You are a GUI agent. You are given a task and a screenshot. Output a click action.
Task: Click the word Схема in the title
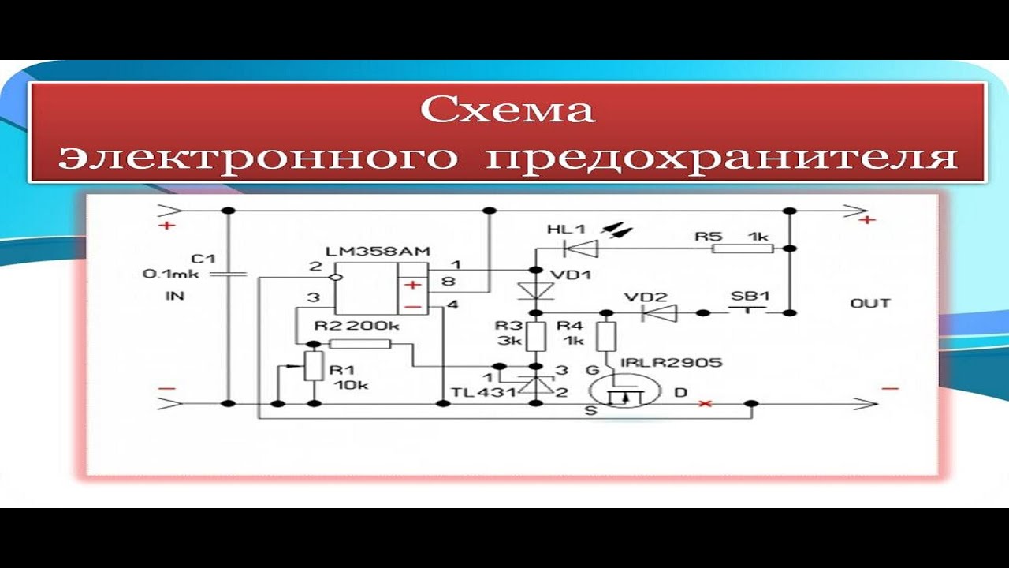[x=507, y=110]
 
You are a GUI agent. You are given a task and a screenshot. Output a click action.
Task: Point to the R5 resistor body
[x=742, y=248]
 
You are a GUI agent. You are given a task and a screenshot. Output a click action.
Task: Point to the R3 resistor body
[x=536, y=336]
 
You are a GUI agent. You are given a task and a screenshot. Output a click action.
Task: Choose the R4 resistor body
[x=606, y=337]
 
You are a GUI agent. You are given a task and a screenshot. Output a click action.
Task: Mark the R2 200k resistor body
[x=359, y=344]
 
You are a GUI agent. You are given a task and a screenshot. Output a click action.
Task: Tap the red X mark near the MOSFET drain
[x=705, y=404]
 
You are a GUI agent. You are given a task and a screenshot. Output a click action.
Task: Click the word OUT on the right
[x=870, y=304]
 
